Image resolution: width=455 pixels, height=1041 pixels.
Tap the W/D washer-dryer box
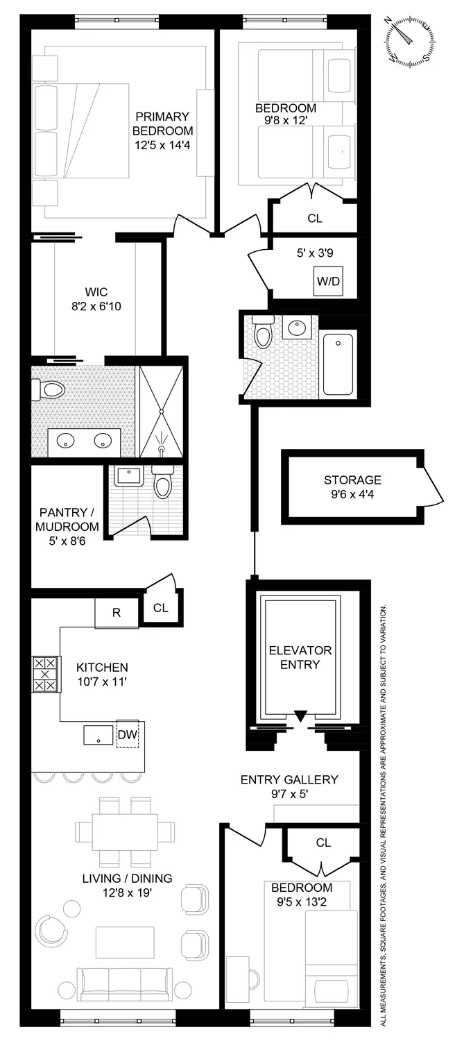click(x=328, y=281)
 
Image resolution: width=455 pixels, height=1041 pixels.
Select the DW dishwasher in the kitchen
click(x=127, y=734)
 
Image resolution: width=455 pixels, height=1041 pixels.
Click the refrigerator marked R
click(x=117, y=611)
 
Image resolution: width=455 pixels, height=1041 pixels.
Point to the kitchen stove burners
click(x=45, y=673)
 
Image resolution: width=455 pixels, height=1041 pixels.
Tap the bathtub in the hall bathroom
click(x=338, y=364)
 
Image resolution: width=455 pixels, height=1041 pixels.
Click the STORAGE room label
click(x=352, y=480)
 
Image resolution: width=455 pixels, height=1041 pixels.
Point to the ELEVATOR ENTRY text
click(x=300, y=657)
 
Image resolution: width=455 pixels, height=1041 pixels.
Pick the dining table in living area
click(x=126, y=831)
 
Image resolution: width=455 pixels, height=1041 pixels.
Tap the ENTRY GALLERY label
click(x=289, y=779)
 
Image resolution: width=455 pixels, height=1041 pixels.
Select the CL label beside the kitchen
click(x=161, y=608)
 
